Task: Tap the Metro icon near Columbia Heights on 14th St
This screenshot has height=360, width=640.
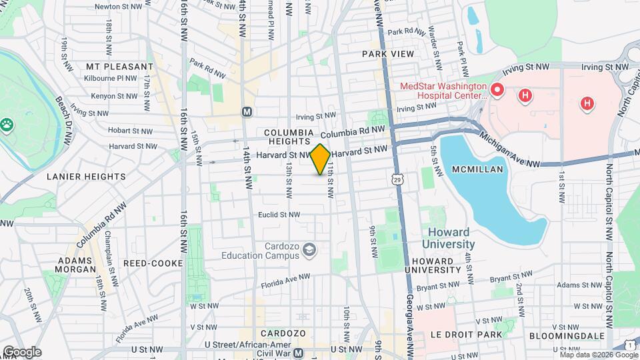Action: point(247,111)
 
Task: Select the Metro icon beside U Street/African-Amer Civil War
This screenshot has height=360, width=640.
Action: point(299,352)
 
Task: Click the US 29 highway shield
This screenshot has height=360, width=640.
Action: point(397,179)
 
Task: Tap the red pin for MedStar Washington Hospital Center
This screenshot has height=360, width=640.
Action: point(496,89)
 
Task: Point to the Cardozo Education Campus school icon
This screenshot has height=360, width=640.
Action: point(309,250)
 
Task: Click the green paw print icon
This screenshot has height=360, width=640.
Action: point(7,123)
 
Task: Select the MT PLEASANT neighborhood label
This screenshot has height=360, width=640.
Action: point(120,67)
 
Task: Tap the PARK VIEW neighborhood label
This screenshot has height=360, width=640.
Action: point(388,53)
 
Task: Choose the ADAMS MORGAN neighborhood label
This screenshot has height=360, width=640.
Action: point(77,265)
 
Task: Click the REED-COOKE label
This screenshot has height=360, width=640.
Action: point(153,263)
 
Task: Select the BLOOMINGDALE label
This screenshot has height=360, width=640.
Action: point(567,335)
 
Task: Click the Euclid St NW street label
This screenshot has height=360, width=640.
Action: point(279,215)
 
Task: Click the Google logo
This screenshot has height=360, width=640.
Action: point(21,351)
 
